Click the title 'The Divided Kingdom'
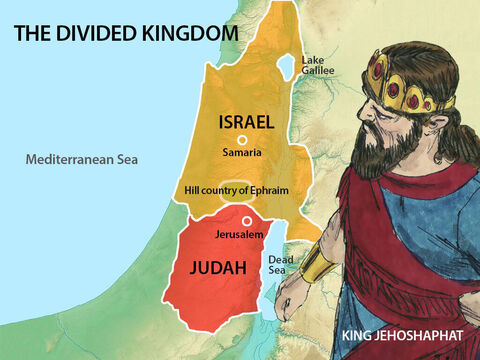point(125,34)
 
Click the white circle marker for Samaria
point(241,141)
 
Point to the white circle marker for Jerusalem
point(247,221)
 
